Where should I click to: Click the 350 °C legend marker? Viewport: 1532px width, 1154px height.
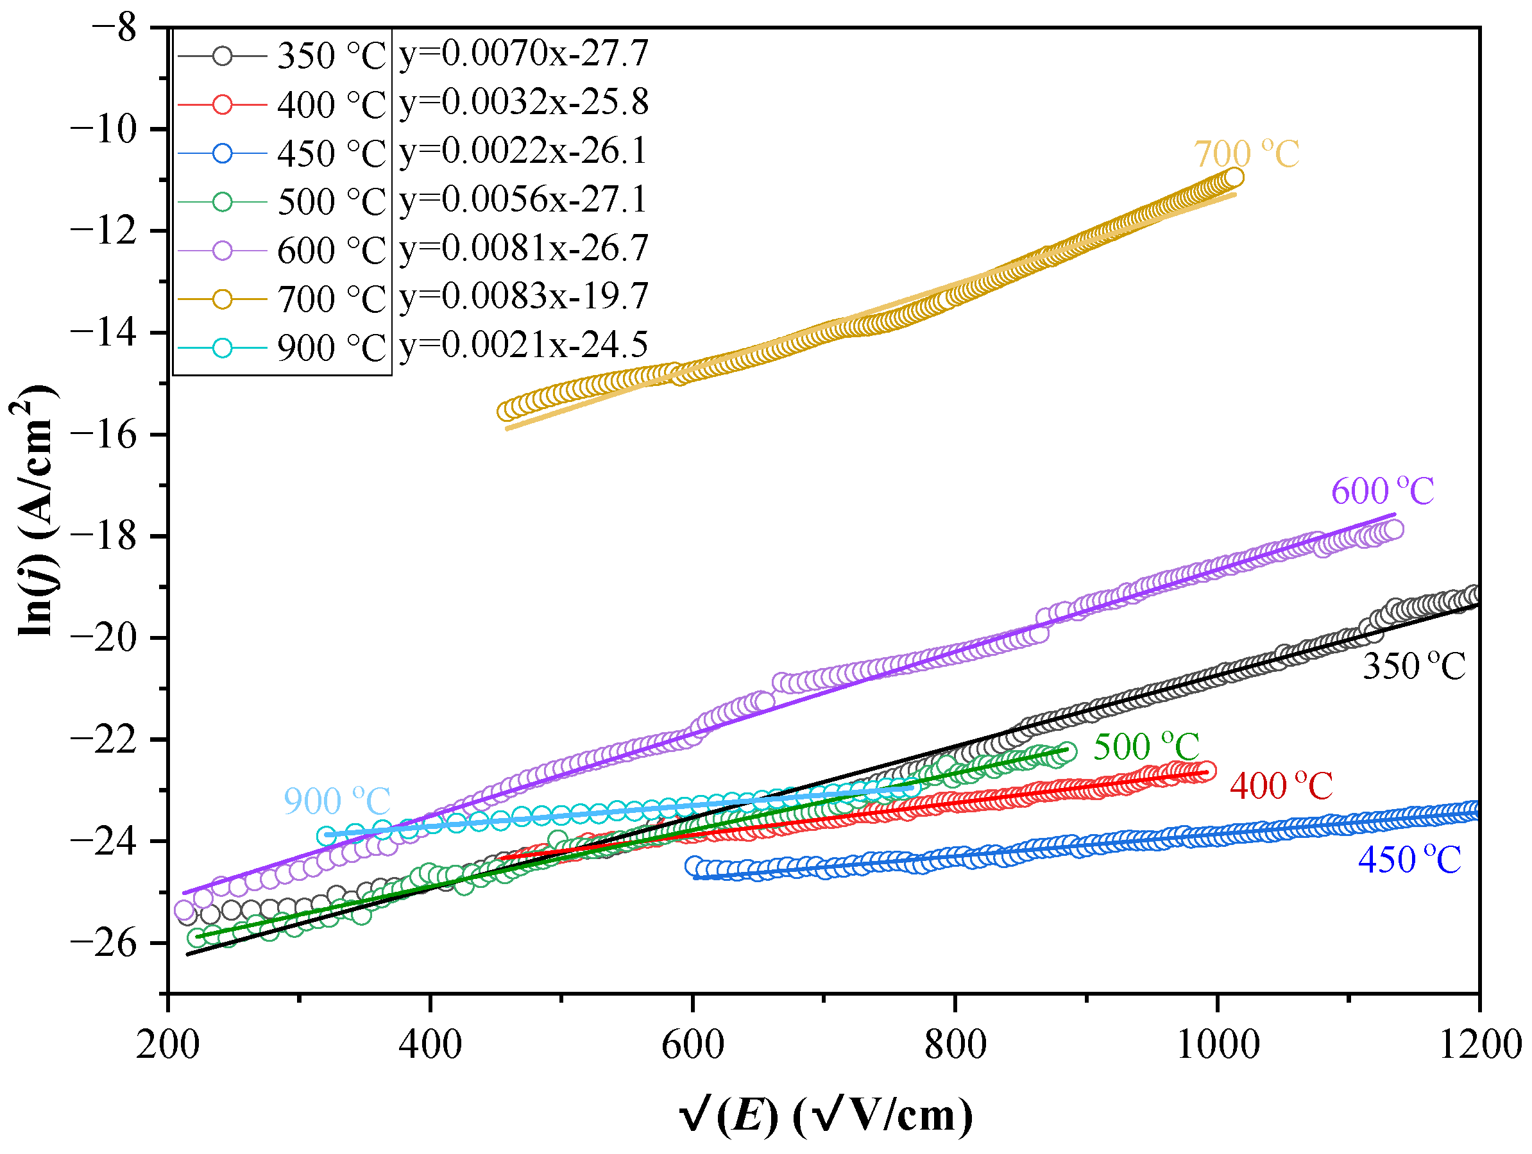(x=223, y=55)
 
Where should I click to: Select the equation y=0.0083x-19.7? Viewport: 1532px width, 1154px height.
(x=523, y=297)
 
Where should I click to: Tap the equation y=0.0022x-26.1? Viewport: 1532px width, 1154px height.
(x=523, y=151)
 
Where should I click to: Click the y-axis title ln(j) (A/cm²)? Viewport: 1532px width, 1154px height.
(x=35, y=510)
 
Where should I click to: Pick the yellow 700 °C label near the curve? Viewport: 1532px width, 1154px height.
(x=1246, y=155)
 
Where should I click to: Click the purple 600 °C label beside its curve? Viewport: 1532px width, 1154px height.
(x=1382, y=492)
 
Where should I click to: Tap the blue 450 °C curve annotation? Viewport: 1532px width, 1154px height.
(x=1409, y=860)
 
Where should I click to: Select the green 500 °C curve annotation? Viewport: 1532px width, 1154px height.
(x=1146, y=747)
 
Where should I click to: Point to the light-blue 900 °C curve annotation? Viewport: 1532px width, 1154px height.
(x=337, y=801)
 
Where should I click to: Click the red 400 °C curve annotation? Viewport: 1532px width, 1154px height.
(x=1281, y=787)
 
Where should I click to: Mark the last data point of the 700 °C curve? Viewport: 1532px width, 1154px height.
(x=1234, y=178)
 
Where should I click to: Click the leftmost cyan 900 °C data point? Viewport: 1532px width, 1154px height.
(x=326, y=836)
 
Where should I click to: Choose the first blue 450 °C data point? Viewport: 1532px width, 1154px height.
(x=695, y=865)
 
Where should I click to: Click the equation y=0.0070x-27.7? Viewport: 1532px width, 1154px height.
(x=523, y=54)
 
